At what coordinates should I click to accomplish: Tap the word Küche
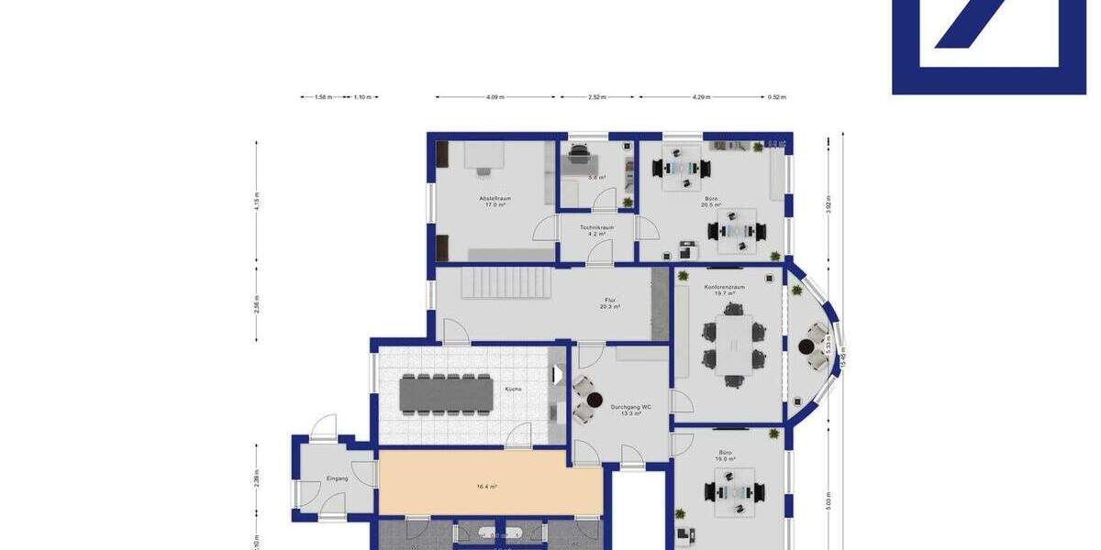(513, 390)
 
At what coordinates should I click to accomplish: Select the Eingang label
(338, 478)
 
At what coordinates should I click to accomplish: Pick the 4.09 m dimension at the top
(495, 96)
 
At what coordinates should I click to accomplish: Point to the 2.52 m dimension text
(597, 96)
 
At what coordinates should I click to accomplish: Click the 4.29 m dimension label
(702, 96)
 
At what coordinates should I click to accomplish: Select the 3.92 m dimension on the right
(828, 204)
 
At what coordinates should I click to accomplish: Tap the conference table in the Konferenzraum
(734, 347)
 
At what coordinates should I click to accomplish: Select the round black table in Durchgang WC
(595, 401)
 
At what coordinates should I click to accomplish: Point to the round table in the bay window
(806, 347)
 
